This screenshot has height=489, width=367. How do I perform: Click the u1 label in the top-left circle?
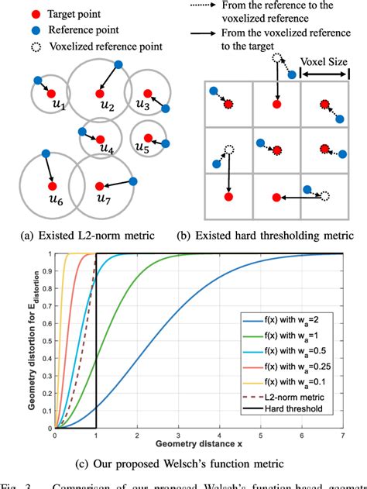pos(57,104)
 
